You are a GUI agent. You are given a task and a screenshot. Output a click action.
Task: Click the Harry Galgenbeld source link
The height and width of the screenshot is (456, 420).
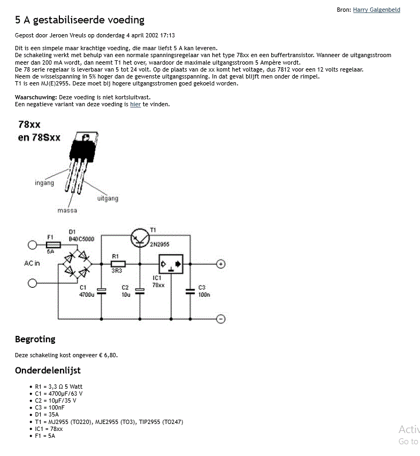376,10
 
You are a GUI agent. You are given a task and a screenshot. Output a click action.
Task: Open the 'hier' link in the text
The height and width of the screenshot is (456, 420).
135,104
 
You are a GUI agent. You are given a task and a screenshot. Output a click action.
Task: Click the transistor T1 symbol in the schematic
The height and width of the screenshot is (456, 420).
140,238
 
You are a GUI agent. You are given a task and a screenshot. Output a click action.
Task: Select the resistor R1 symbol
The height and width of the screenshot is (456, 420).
118,264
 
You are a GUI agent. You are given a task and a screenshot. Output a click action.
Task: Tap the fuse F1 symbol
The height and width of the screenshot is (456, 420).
54,245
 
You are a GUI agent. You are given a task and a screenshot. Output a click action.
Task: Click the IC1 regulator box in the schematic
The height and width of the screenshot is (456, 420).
171,264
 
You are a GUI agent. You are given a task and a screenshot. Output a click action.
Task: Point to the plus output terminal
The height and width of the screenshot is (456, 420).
220,264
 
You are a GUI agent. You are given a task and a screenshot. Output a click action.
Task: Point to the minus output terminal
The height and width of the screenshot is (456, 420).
220,319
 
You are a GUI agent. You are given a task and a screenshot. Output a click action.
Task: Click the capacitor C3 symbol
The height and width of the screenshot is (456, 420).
190,292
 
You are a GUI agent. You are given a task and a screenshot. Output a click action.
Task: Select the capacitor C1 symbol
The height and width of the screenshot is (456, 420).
102,292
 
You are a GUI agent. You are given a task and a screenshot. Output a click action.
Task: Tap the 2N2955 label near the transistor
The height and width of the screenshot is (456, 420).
159,245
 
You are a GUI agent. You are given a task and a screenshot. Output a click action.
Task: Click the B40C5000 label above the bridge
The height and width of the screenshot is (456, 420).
81,239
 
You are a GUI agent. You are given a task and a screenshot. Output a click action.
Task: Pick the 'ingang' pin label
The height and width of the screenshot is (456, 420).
44,183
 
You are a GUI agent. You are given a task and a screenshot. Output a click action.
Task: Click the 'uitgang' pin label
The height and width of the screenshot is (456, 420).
108,198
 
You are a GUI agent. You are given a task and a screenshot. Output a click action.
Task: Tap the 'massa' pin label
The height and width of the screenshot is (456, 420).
67,210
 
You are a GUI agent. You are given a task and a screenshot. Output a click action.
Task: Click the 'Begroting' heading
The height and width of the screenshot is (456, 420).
35,340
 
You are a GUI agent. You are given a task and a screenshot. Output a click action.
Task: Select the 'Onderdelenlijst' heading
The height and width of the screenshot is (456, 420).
48,370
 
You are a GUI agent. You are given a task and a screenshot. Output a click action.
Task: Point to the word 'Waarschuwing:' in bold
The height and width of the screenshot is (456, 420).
36,97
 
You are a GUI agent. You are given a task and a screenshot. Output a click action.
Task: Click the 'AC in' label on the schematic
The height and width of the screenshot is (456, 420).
32,263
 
